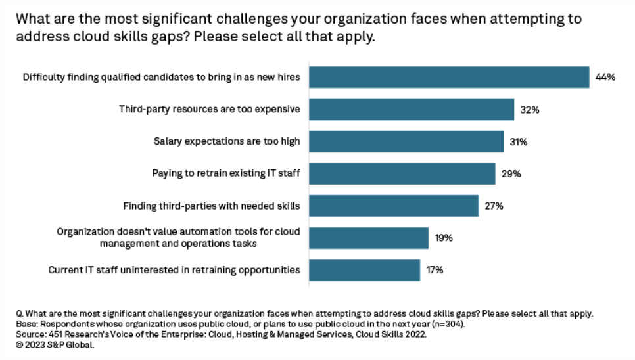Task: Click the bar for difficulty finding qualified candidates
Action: coord(449,77)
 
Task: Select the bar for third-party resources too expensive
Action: coord(412,109)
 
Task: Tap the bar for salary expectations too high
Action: coord(406,141)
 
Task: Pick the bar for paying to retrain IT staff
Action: coord(402,173)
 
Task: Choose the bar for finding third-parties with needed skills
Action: coord(394,206)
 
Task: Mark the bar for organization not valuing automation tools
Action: coord(369,238)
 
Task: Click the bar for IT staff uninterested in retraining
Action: coord(364,270)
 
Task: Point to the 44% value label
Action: coord(605,77)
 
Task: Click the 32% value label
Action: coord(529,110)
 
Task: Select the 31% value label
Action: coord(519,142)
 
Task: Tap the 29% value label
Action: coord(511,174)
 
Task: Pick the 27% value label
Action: coord(494,206)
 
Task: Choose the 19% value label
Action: coord(443,238)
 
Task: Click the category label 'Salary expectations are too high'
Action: coord(227,141)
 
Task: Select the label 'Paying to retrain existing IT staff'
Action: coord(226,173)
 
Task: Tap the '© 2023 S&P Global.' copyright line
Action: coord(55,345)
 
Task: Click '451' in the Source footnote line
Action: coord(55,334)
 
